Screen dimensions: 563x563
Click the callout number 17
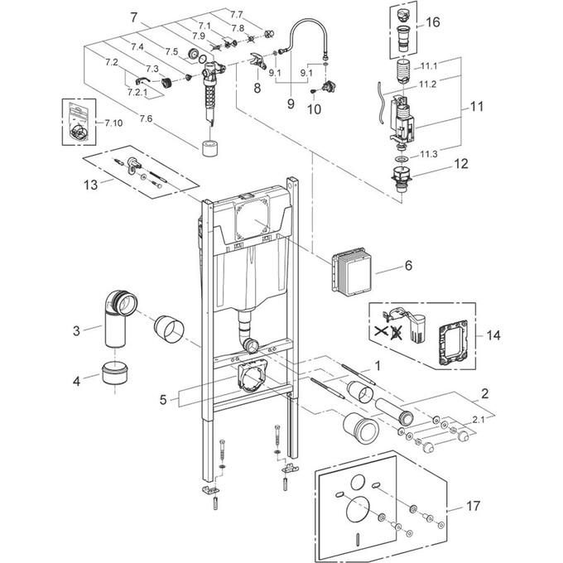pos(473,506)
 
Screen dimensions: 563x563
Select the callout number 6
pos(409,266)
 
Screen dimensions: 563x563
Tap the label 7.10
pos(113,123)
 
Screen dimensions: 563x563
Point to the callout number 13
pos(90,185)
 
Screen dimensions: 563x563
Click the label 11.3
pos(429,154)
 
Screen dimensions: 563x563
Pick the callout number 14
pos(493,335)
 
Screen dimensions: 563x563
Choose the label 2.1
pos(478,419)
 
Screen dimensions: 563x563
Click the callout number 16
pos(433,22)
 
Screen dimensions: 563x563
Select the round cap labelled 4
pos(114,373)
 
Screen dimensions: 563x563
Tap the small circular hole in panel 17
pos(358,482)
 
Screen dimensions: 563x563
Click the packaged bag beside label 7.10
pos(79,122)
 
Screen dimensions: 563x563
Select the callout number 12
pos(461,164)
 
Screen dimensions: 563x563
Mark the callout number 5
pos(163,400)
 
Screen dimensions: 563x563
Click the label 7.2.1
pos(138,92)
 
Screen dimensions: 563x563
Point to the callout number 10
pos(314,109)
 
